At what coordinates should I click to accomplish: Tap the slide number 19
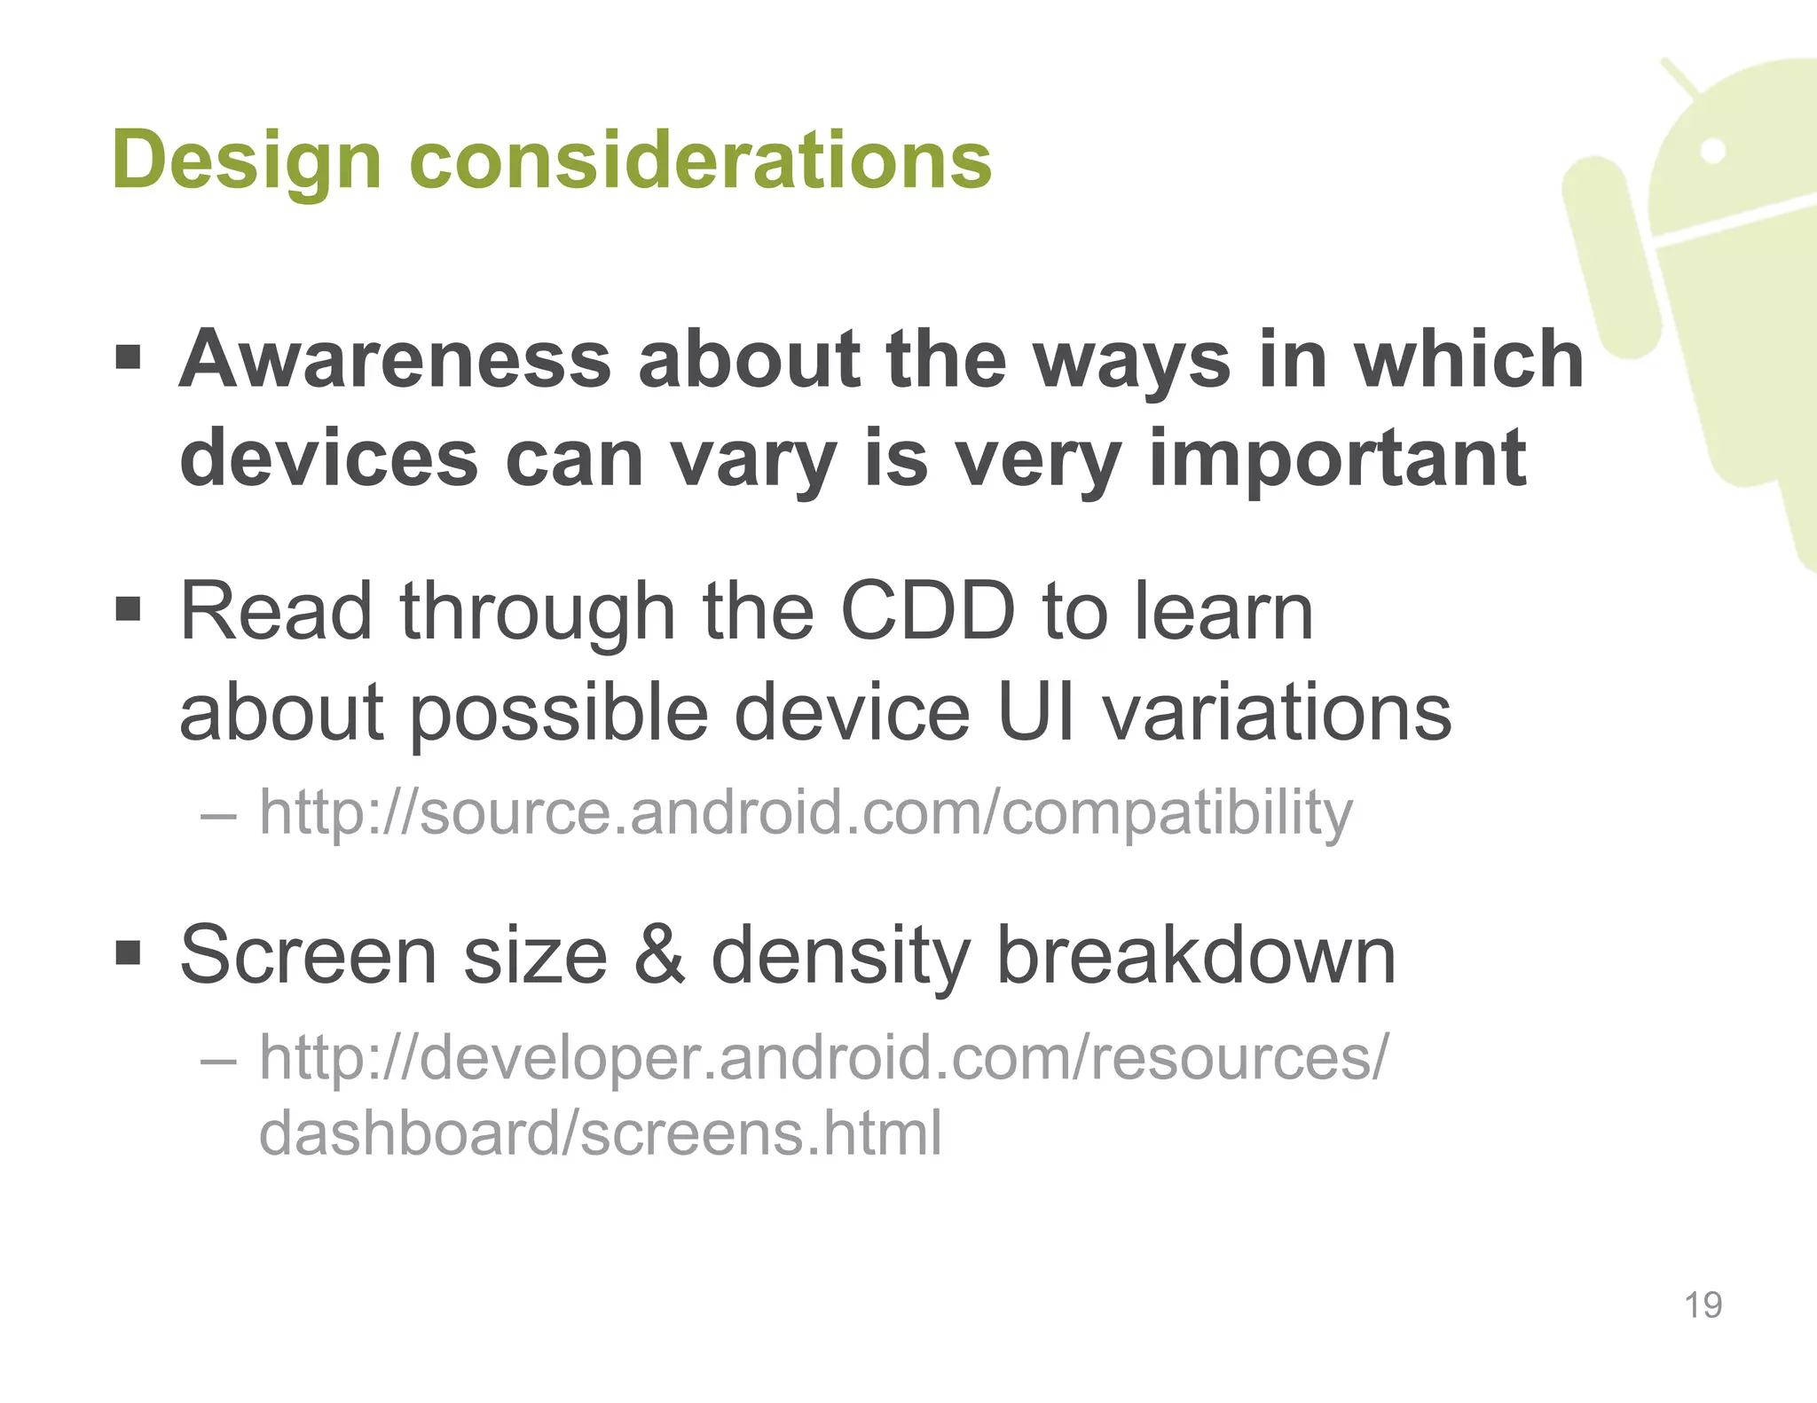(1703, 1305)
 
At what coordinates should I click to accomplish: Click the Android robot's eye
(1714, 151)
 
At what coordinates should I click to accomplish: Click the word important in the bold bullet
(1337, 459)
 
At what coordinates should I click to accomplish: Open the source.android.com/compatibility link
(805, 812)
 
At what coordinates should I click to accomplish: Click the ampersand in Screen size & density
(659, 956)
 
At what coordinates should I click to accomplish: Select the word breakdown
(1195, 956)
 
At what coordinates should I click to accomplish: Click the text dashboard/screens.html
(600, 1134)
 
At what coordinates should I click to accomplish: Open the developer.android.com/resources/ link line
(822, 1058)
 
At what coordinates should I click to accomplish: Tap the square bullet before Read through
(129, 610)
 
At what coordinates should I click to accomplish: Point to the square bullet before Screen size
(129, 954)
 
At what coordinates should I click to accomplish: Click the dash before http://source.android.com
(219, 813)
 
